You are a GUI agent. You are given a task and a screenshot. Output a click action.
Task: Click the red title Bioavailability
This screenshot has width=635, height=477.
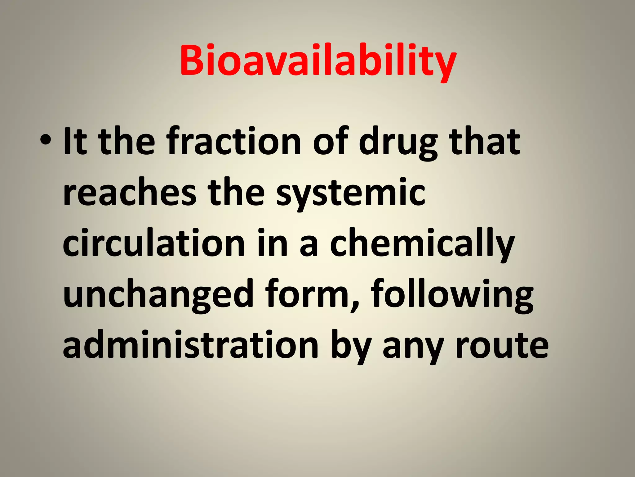(x=317, y=61)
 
